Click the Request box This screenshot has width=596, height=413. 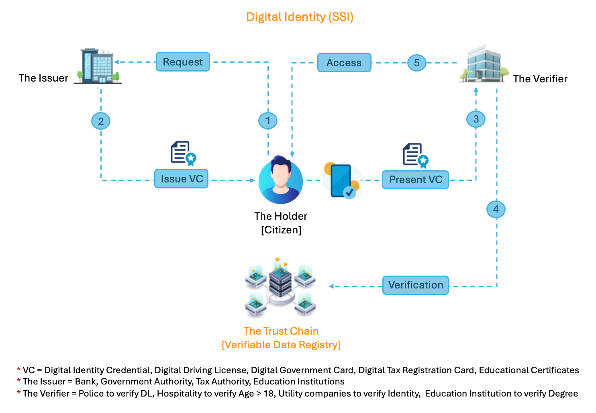click(x=183, y=62)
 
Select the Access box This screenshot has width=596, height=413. click(x=344, y=63)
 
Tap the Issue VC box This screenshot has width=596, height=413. click(x=182, y=179)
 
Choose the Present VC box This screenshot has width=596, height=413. click(x=415, y=180)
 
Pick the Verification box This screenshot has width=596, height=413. click(x=416, y=285)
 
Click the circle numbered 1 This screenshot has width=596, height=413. click(x=268, y=121)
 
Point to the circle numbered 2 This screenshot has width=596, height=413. click(x=101, y=121)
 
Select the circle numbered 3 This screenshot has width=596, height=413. click(x=476, y=119)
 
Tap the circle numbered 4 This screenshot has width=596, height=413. click(x=496, y=209)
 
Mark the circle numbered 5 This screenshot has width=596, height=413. click(x=417, y=63)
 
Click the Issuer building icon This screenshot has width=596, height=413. click(x=98, y=66)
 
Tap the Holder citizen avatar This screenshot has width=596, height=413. click(x=281, y=180)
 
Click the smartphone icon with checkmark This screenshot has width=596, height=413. click(x=341, y=181)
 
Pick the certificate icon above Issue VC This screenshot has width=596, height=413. click(x=183, y=153)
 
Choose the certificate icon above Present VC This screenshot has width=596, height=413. click(x=415, y=155)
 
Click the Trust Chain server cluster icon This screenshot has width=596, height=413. click(x=281, y=287)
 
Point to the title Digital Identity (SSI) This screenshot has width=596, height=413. click(x=300, y=17)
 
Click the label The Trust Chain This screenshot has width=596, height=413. click(x=281, y=331)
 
